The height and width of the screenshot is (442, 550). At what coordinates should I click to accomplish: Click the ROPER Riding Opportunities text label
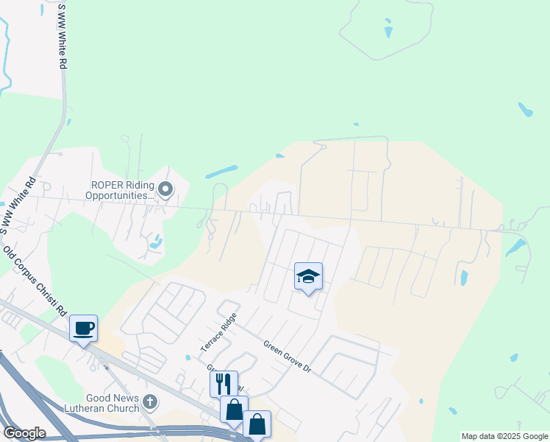[x=120, y=190]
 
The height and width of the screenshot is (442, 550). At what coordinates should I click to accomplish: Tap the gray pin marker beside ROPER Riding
[x=165, y=190]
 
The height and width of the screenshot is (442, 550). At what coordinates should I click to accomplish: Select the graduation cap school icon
[x=308, y=277]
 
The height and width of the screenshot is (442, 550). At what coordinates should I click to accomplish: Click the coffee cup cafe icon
[x=84, y=328]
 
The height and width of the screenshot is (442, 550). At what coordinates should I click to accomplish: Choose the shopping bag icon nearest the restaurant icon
[x=234, y=410]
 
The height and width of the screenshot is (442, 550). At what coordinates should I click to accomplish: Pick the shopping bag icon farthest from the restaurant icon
[x=257, y=424]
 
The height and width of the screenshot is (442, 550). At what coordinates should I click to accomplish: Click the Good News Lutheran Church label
[x=102, y=403]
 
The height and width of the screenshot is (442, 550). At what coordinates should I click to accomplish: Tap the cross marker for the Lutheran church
[x=150, y=402]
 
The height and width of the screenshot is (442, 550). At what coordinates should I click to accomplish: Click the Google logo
[x=24, y=433]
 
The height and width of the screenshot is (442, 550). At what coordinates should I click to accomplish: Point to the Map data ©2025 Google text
[x=504, y=436]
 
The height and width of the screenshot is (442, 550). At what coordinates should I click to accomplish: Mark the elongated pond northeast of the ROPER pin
[x=221, y=172]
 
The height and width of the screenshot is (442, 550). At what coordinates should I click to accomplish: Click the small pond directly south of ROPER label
[x=155, y=241]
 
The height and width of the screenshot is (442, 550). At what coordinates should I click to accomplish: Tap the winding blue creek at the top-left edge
[x=6, y=52]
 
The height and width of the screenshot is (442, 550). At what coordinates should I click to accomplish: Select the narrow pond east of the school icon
[x=463, y=278]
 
